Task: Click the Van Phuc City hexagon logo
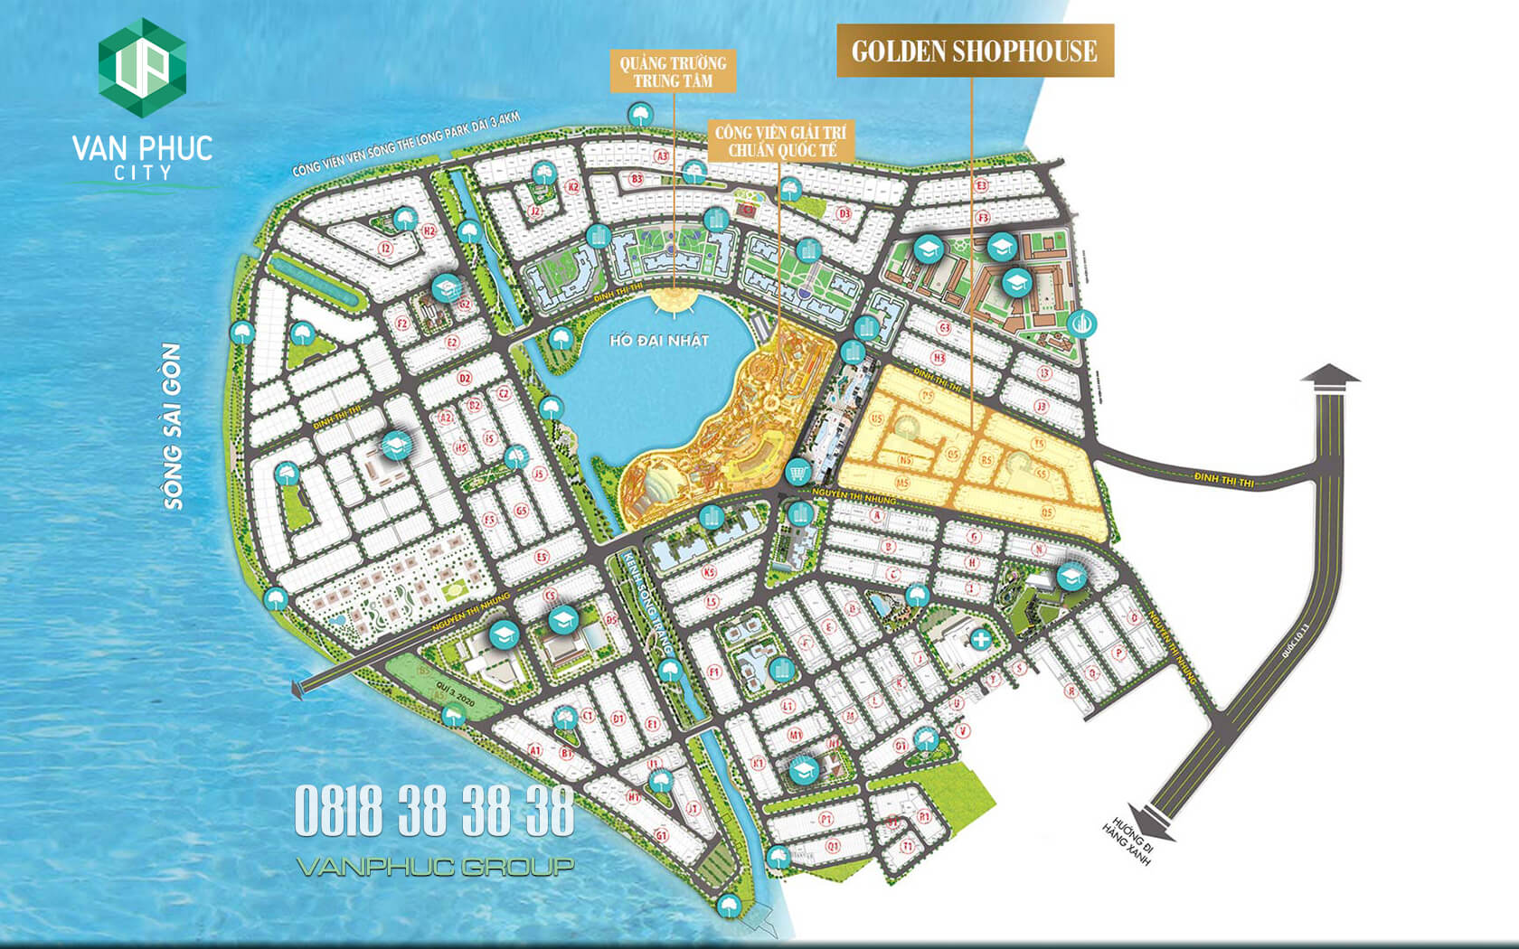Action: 142,68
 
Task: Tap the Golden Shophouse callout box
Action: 974,51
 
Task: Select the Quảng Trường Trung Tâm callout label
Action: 673,71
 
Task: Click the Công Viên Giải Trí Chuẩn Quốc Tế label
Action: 781,141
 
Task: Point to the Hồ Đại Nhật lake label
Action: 659,341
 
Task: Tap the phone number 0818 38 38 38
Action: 434,811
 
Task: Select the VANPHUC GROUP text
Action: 435,867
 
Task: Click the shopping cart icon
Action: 797,472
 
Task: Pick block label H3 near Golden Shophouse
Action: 939,359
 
